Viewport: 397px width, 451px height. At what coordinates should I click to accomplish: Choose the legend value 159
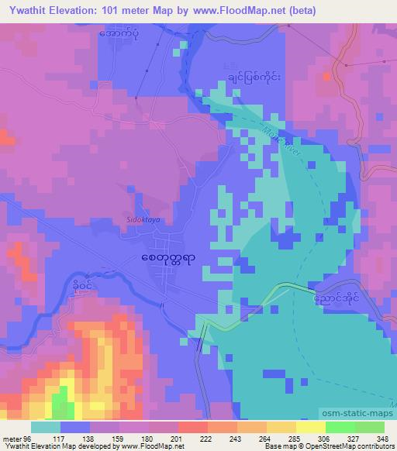tap(123, 438)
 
